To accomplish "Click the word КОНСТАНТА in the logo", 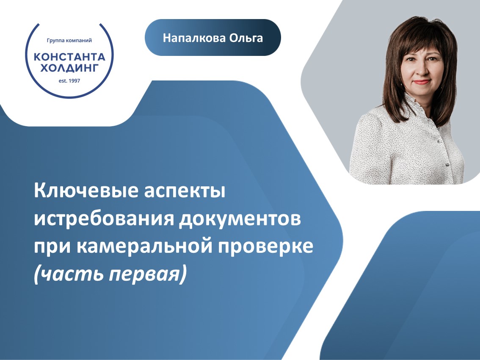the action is coord(69,57).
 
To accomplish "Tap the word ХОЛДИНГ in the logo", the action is coord(69,68).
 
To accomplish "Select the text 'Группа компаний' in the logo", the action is coord(69,40).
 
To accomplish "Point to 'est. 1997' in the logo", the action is coord(69,81).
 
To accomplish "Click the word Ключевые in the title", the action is coord(86,191).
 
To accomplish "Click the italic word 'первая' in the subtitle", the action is coord(144,274).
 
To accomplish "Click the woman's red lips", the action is coord(421,82).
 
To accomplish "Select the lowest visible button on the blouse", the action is coord(447,165).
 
